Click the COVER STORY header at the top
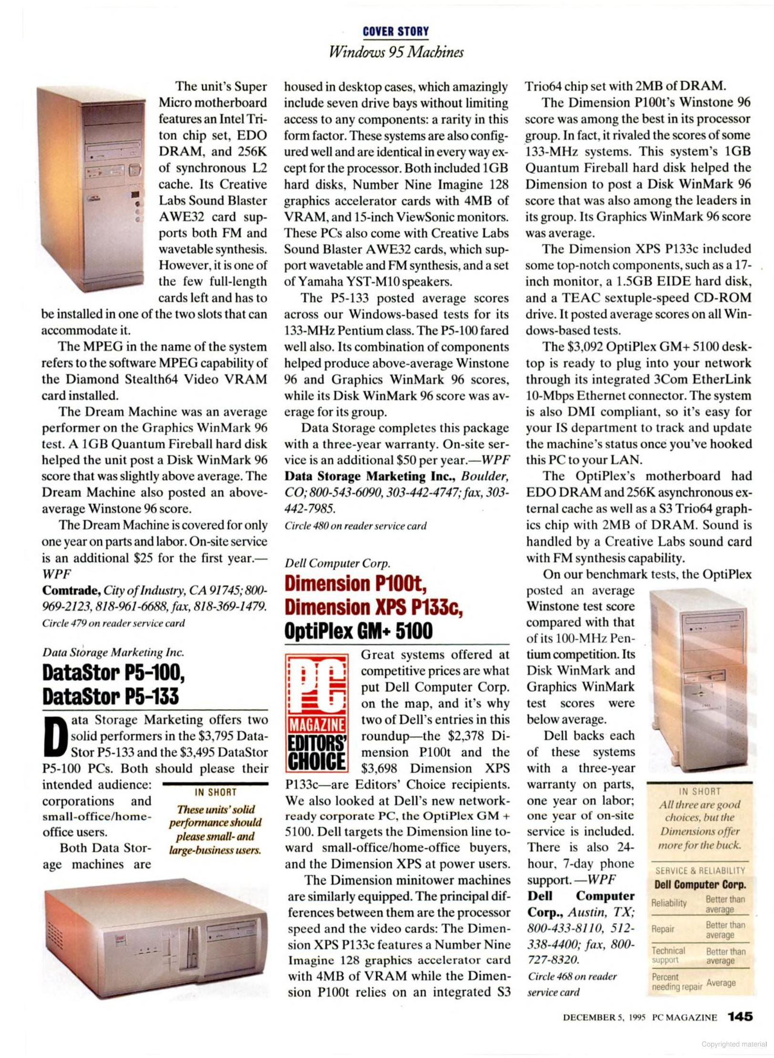[395, 31]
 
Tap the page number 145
[740, 1017]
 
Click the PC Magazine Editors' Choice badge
[317, 713]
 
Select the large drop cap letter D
[55, 736]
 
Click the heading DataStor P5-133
[110, 696]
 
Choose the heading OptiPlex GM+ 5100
[358, 631]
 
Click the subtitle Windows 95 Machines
[396, 52]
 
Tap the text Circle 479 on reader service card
[114, 623]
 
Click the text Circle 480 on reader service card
[355, 526]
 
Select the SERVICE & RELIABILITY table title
[700, 870]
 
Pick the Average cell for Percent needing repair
[721, 983]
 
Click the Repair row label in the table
[662, 929]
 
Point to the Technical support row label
[668, 955]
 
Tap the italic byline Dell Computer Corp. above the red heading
[337, 563]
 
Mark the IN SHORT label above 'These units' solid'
[216, 792]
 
